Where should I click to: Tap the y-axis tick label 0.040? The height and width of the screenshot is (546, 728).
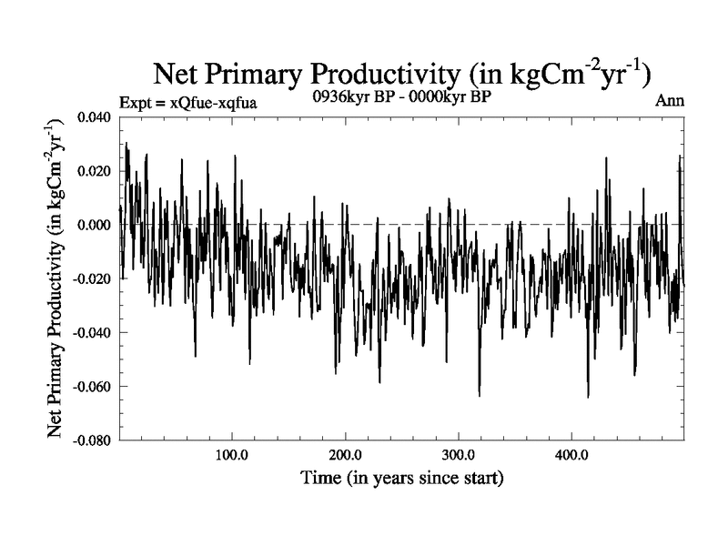(94, 117)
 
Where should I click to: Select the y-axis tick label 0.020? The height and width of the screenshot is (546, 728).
(94, 171)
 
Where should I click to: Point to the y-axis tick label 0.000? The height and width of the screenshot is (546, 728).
(94, 225)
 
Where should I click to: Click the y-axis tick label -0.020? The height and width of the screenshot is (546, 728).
(92, 278)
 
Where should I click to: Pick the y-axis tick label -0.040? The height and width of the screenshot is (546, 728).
(92, 332)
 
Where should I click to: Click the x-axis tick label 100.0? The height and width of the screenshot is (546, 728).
(232, 455)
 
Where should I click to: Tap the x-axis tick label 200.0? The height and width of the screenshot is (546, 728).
(345, 455)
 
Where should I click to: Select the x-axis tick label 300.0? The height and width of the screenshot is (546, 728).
(458, 455)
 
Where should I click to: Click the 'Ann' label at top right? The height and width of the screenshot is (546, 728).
(669, 101)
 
